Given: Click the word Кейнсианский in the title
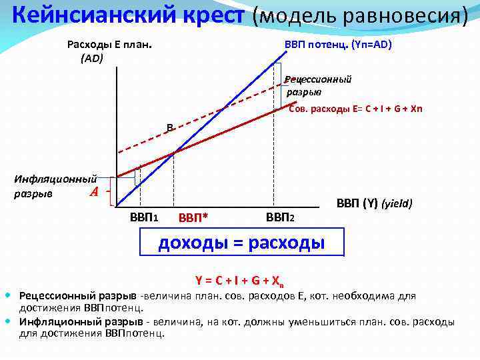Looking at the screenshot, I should click(x=90, y=15).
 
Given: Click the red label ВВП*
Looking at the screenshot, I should click(x=193, y=218).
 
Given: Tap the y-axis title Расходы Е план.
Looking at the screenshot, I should click(x=109, y=45).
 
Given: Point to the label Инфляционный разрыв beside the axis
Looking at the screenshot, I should click(x=55, y=186).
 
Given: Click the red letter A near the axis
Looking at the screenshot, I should click(x=94, y=193).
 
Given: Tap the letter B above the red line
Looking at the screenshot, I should click(x=170, y=127).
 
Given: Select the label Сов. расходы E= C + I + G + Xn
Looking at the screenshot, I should click(x=356, y=109).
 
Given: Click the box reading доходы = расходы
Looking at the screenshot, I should click(x=241, y=243).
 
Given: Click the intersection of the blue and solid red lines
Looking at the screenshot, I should click(x=174, y=153).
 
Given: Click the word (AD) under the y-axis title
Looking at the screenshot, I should click(x=91, y=58).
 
